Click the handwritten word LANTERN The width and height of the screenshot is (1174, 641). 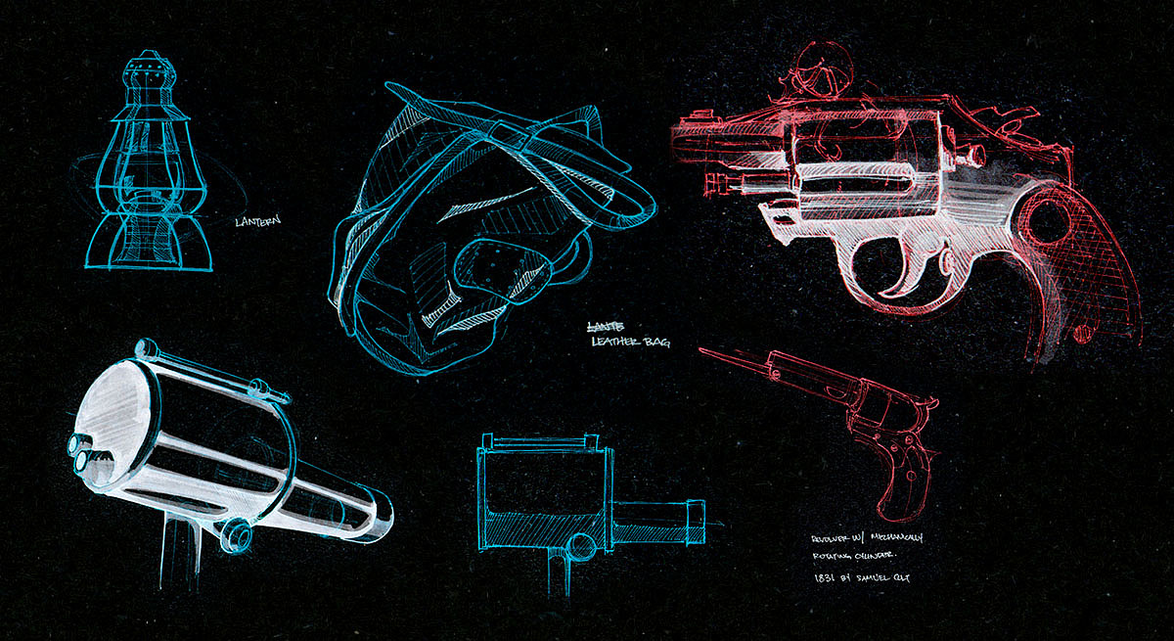pos(257,221)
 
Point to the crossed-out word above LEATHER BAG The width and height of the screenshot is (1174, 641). pos(601,326)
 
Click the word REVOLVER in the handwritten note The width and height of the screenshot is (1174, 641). pos(832,539)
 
